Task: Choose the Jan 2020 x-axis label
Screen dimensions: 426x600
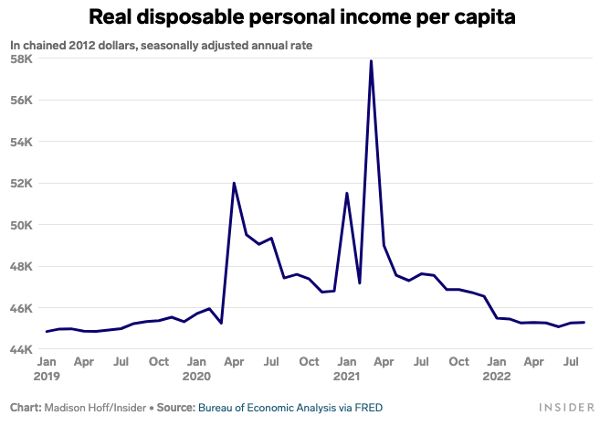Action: click(196, 368)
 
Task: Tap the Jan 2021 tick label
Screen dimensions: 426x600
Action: click(346, 368)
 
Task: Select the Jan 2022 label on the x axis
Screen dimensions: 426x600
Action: click(496, 368)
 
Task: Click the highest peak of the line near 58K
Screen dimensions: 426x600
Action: click(371, 61)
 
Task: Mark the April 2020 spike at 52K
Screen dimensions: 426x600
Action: click(234, 183)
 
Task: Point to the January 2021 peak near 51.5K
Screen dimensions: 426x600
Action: click(346, 193)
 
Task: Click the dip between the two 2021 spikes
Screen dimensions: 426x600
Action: click(359, 283)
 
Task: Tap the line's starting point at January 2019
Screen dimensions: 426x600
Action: click(46, 332)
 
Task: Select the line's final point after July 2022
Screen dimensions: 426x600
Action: click(584, 322)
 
